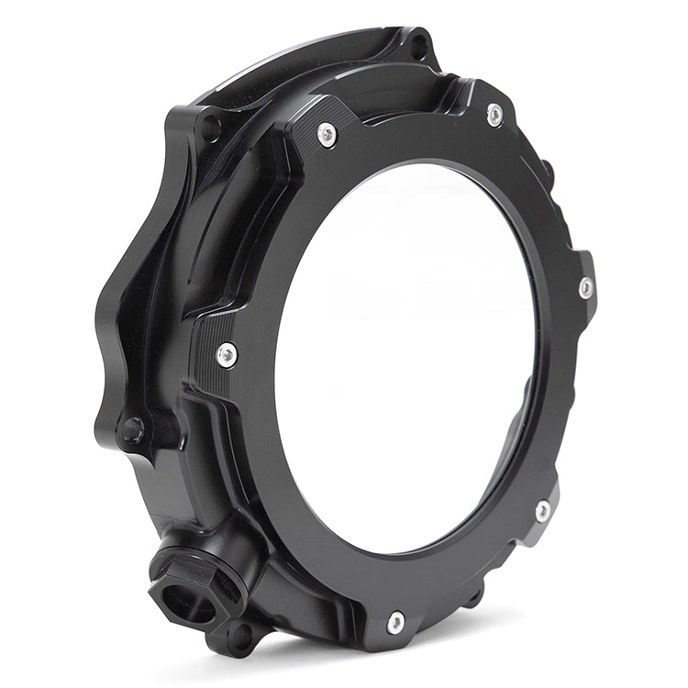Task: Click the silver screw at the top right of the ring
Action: (494, 115)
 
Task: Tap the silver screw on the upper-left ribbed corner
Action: (327, 134)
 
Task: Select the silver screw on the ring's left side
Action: (227, 353)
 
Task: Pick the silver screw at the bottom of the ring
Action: (395, 622)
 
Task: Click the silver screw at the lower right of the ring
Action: (543, 510)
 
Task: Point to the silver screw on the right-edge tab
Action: (585, 287)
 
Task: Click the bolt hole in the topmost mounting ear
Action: (418, 41)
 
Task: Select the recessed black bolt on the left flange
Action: (134, 428)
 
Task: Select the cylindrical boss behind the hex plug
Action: (229, 560)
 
